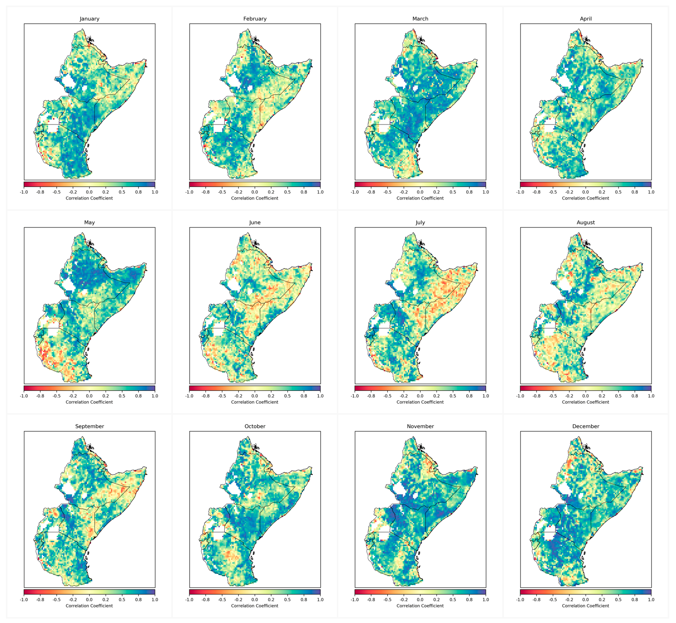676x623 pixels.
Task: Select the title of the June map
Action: click(255, 223)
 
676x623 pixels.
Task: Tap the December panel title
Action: click(586, 426)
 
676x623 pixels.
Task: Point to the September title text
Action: click(89, 426)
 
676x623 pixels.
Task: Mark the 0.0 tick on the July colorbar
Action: click(420, 396)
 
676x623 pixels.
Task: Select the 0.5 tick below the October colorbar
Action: click(287, 600)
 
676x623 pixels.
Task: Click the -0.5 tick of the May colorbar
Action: click(57, 396)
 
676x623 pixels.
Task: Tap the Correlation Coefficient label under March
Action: click(420, 198)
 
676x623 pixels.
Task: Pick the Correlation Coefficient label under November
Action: click(420, 606)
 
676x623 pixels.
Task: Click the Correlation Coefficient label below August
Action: click(586, 402)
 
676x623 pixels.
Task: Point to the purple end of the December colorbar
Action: click(650, 592)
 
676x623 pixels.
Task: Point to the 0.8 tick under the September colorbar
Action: click(138, 600)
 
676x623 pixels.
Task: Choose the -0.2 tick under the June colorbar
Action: click(238, 396)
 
